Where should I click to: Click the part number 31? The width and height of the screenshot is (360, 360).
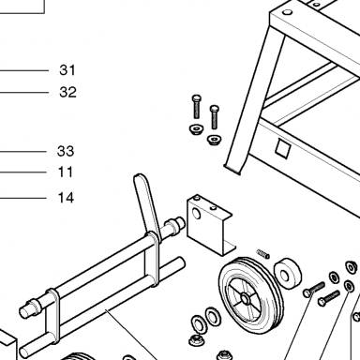point(67,70)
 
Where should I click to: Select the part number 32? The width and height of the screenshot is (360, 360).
point(67,92)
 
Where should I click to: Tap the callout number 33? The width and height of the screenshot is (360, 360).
point(66,151)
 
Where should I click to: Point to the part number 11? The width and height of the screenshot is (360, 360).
point(66,172)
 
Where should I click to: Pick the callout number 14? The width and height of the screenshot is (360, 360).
point(66,198)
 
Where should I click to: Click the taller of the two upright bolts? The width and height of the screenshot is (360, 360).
point(196,107)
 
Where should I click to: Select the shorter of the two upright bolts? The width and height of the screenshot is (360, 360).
point(214,117)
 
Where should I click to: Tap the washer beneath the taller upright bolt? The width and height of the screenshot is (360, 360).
point(196,129)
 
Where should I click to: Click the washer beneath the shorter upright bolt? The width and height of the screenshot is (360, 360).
point(215,139)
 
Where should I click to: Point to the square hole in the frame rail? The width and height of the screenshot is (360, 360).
point(283,149)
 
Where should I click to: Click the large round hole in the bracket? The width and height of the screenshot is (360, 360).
point(196,214)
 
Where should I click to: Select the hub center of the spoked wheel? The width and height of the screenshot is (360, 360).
point(246,299)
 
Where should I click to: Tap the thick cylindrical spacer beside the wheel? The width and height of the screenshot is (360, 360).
point(288,274)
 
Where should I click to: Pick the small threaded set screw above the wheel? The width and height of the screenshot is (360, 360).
point(262,254)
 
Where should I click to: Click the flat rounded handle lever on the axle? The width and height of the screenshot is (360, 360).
point(147,207)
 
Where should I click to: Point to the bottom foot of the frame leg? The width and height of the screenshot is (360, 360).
point(232,169)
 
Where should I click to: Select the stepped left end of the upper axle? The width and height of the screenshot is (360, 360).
point(29,307)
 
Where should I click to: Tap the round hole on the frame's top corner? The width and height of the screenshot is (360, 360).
point(287,12)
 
